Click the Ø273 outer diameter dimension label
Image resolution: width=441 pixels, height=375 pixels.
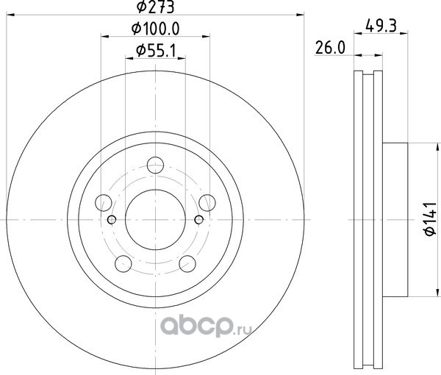coord(156,7)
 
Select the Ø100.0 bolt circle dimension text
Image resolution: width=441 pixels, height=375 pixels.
coord(156,29)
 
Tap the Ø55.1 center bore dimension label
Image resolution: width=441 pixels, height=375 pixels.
coord(156,51)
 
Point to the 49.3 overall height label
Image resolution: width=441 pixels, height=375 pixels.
coord(381,26)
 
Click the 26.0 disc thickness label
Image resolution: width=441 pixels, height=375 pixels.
coord(330,48)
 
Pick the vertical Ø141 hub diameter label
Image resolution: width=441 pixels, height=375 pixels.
coord(430,219)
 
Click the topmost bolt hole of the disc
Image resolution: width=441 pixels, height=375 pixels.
coord(156,165)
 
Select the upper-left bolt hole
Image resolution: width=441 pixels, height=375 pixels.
coord(104,202)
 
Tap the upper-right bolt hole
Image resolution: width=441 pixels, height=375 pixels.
coord(207,202)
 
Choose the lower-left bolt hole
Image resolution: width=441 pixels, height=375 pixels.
coord(123,264)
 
